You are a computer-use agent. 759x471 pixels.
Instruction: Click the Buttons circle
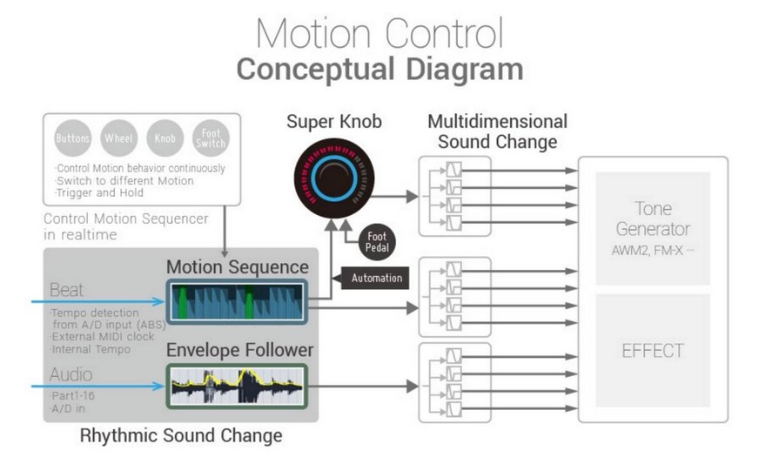72,138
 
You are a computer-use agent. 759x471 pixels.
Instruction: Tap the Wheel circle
118,138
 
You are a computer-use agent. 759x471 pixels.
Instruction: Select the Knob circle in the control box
165,138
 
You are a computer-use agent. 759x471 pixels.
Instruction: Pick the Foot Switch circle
211,138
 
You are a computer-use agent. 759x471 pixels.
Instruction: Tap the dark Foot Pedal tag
376,243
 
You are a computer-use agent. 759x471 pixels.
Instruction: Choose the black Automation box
377,278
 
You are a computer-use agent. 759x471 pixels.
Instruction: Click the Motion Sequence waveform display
237,302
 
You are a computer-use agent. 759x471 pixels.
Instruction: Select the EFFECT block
653,351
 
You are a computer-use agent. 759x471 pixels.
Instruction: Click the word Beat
67,290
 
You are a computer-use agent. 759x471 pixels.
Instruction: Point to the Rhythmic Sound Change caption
181,435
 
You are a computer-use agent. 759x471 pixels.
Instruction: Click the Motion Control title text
379,34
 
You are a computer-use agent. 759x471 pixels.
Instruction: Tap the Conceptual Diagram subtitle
379,70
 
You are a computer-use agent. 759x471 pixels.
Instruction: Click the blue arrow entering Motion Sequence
96,302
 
